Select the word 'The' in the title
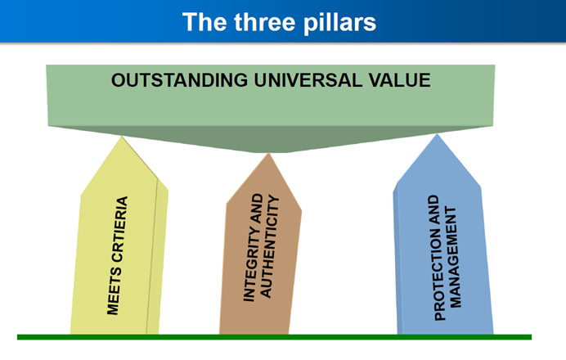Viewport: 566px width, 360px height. [x=205, y=22]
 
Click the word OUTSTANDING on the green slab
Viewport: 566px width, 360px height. [x=179, y=80]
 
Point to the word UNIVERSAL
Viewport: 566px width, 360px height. [x=308, y=80]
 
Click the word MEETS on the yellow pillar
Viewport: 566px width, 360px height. [x=114, y=291]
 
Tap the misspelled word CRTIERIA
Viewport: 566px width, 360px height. [x=120, y=229]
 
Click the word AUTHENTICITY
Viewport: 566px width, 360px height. [x=269, y=246]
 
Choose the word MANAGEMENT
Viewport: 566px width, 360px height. [x=452, y=257]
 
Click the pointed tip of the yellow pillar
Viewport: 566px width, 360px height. [x=122, y=137]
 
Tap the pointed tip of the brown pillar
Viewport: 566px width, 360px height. [x=268, y=153]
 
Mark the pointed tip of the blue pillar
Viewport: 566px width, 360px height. [x=437, y=134]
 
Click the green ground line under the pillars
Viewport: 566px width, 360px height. [x=274, y=337]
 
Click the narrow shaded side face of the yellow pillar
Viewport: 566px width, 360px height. [x=157, y=256]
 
